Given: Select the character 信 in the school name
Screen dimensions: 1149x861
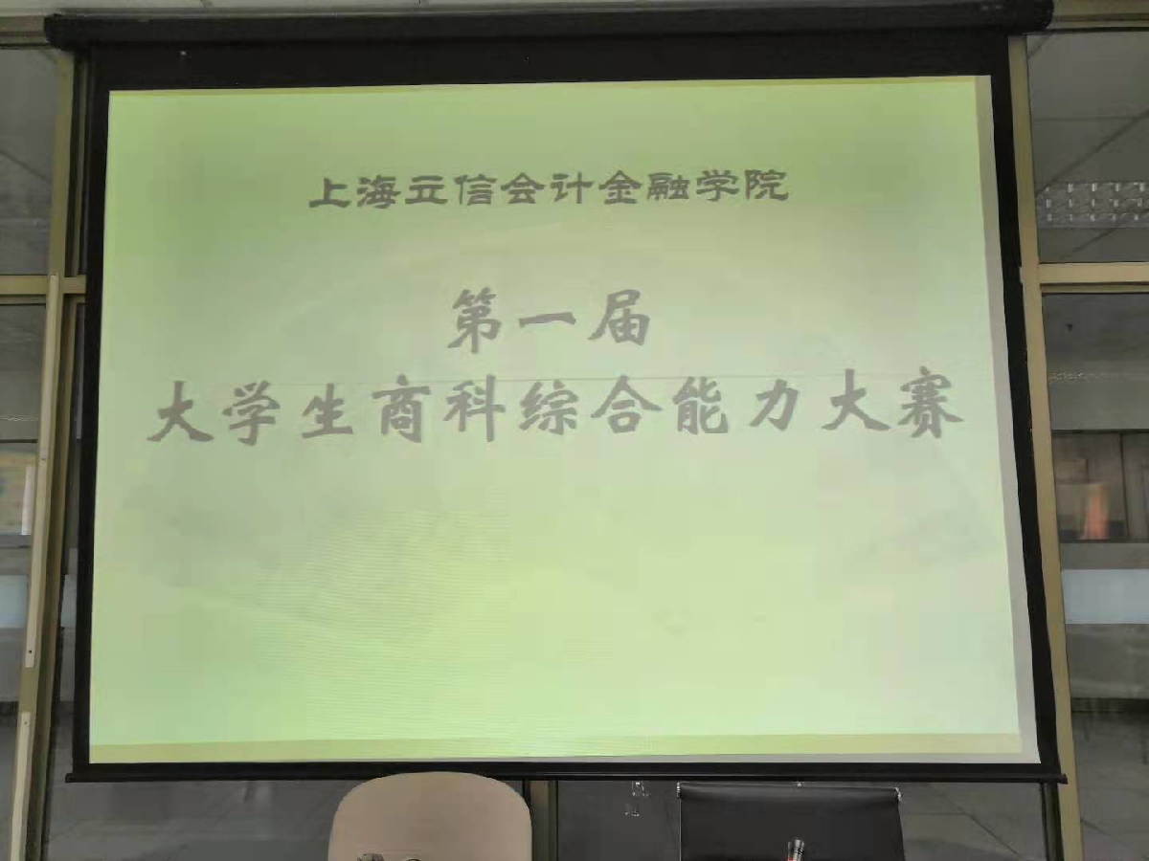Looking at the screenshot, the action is tap(473, 190).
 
